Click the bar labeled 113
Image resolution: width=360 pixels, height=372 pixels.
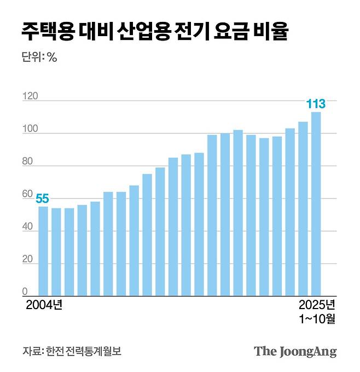[316, 204]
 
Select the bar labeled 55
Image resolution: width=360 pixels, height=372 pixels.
[43, 251]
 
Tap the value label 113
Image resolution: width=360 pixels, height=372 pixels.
[316, 103]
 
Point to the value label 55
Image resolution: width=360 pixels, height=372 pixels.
[43, 199]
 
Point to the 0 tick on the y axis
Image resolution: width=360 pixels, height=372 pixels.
[25, 292]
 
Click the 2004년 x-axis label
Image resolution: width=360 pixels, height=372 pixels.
[44, 305]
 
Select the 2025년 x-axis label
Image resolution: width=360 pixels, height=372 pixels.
[317, 305]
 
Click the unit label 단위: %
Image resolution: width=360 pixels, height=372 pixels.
[39, 57]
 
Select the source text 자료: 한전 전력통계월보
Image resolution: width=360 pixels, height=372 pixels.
[72, 351]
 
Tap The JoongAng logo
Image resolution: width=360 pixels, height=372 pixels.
[295, 351]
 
